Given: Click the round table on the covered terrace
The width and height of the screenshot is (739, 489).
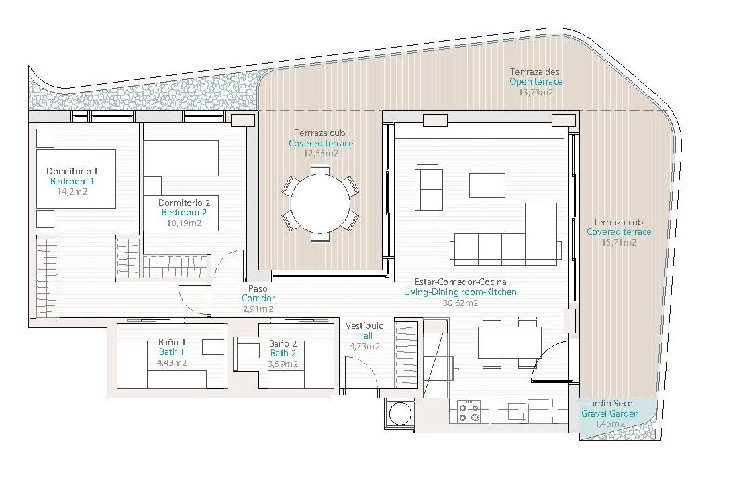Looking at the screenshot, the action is (x=320, y=203).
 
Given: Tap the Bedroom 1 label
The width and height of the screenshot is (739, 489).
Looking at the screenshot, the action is (x=72, y=181).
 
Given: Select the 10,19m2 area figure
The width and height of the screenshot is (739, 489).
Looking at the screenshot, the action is (x=185, y=223).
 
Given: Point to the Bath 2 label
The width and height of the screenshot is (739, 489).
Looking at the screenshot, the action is (x=283, y=354).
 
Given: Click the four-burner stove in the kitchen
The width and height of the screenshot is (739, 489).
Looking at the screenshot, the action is (x=469, y=411).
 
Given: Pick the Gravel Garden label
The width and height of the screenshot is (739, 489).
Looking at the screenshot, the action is (x=610, y=414).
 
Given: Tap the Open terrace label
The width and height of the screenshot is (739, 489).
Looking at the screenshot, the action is (x=536, y=82).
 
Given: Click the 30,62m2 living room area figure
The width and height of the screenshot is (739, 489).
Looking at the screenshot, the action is (x=460, y=303).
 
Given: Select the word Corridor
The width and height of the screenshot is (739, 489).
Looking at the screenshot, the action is (x=258, y=298).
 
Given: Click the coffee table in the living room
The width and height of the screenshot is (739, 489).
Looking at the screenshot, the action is (x=487, y=185).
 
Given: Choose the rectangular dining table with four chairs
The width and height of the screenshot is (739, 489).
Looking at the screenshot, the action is (x=509, y=343).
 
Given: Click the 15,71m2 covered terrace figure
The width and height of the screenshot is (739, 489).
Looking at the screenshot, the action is (x=619, y=243).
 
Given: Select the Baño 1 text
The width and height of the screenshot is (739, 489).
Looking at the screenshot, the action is (x=172, y=343).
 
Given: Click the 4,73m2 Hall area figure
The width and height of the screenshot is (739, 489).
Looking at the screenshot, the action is (x=364, y=346).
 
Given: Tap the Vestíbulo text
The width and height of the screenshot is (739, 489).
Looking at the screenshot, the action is (x=364, y=325).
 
